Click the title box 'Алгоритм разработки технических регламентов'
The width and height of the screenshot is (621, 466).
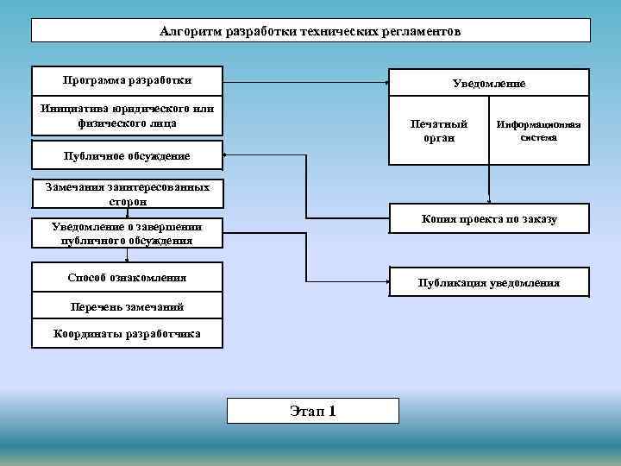[310, 31]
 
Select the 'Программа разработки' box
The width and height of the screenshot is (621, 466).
[127, 80]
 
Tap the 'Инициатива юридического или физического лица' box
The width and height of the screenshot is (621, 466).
[127, 116]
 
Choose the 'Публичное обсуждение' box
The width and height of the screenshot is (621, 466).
[127, 156]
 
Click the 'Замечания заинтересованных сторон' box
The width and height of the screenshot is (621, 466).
[127, 193]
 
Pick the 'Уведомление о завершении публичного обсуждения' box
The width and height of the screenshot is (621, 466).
[127, 234]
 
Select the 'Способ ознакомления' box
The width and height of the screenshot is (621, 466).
[127, 278]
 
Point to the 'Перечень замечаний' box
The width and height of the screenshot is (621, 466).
[127, 306]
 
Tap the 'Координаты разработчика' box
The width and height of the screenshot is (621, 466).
[127, 334]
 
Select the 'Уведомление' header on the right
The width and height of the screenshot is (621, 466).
[489, 84]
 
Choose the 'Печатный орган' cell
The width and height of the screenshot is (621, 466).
[439, 131]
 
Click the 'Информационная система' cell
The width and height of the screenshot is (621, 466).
[539, 131]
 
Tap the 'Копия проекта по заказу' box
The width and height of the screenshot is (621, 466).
[489, 219]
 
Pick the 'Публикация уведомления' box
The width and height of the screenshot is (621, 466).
[489, 283]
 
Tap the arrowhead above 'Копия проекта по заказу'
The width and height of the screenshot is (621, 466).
[488, 199]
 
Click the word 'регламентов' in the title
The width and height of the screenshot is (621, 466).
[423, 31]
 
